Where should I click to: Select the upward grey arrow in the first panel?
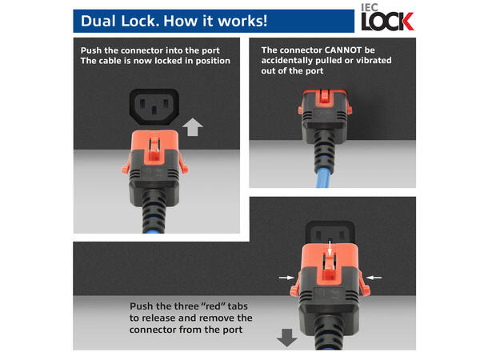coord(193,126)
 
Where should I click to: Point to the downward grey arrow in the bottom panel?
coord(286,337)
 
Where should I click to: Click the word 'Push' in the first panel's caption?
coord(93,50)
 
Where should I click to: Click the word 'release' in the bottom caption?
coord(162,318)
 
